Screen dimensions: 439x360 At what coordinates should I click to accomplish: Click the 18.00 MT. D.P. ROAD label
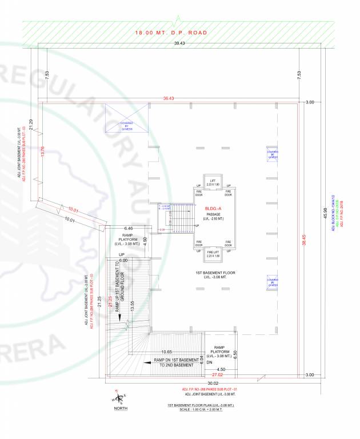click(x=170, y=33)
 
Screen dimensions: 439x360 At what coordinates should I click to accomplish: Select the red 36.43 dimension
click(x=168, y=98)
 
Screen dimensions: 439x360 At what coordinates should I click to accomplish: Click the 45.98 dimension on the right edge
click(x=325, y=214)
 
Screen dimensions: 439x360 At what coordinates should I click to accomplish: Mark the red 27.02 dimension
click(x=217, y=376)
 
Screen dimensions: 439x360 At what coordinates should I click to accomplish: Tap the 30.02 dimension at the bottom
click(x=213, y=383)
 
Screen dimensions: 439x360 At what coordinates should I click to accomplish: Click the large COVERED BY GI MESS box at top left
click(x=126, y=125)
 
